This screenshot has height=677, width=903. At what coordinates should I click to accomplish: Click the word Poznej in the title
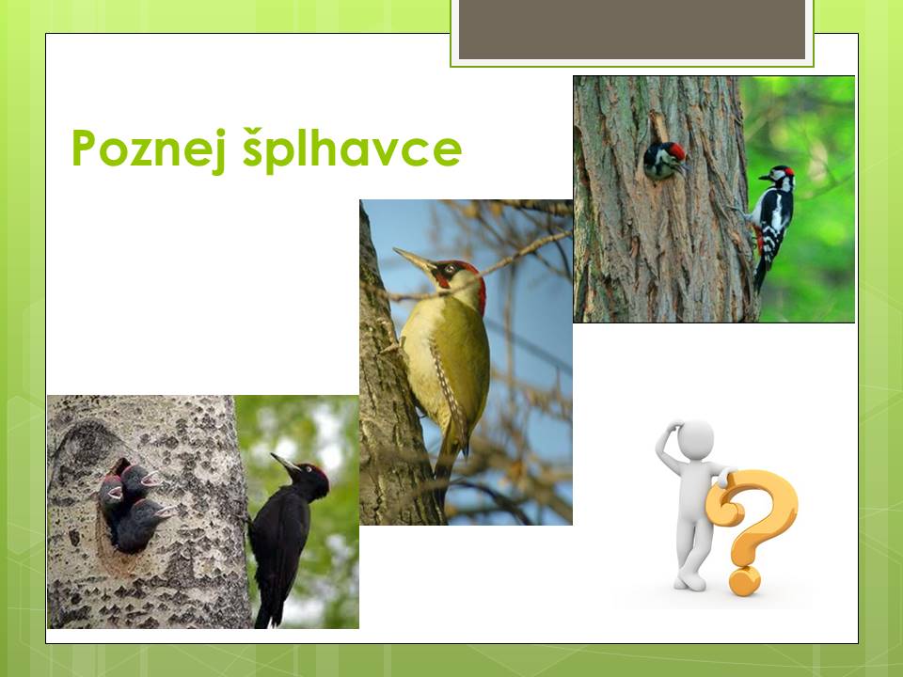[x=150, y=149]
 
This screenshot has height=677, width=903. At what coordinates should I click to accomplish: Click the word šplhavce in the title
[x=353, y=149]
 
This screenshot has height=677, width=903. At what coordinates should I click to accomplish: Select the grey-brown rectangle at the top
[x=632, y=29]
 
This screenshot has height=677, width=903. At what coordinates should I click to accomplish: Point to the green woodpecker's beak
[x=412, y=260]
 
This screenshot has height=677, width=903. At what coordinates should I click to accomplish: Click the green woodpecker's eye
[x=450, y=268]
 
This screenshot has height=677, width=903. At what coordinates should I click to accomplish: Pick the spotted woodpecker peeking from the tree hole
[x=665, y=160]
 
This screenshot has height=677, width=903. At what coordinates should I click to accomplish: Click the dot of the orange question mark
[x=745, y=581]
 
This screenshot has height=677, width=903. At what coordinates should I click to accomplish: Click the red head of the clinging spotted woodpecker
[x=782, y=176]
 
